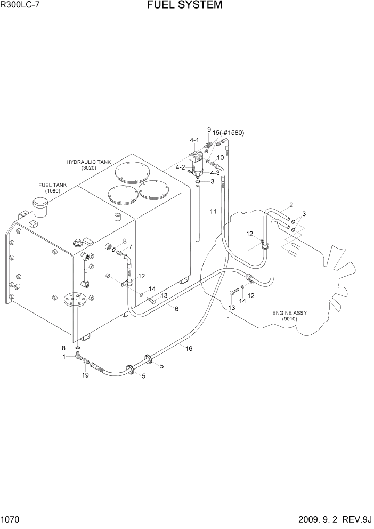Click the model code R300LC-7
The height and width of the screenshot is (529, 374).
tap(20, 6)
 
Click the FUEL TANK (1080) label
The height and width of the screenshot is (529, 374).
tap(52, 188)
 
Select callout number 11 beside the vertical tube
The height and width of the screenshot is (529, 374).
tap(213, 212)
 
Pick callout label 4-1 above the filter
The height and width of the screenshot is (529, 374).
tap(194, 140)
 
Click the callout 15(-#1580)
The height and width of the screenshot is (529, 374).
tap(228, 133)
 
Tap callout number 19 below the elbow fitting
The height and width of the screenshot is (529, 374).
tap(85, 376)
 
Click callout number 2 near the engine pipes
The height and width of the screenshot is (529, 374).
tap(291, 205)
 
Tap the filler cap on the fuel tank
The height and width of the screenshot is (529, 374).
tap(39, 203)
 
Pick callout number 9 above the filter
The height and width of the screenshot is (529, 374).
tap(209, 129)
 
